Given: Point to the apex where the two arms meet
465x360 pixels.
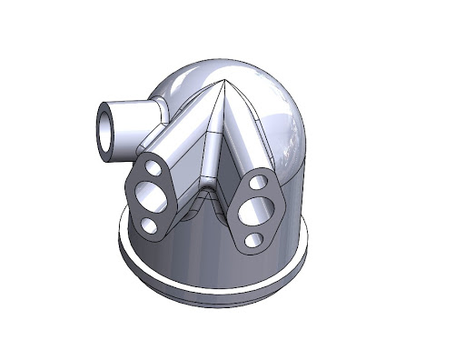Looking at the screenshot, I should [x=223, y=84].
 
